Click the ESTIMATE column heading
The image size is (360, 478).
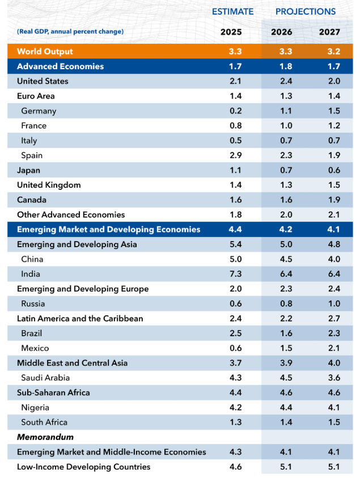click(232, 11)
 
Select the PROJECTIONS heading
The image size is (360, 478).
click(306, 11)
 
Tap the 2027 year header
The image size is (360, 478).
click(330, 32)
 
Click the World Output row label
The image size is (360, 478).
click(45, 52)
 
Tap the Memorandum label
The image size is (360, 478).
click(45, 437)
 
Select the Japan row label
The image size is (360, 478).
click(28, 170)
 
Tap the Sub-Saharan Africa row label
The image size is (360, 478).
click(53, 392)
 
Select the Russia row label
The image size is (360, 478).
click(33, 303)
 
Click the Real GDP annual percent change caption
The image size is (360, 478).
click(70, 32)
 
